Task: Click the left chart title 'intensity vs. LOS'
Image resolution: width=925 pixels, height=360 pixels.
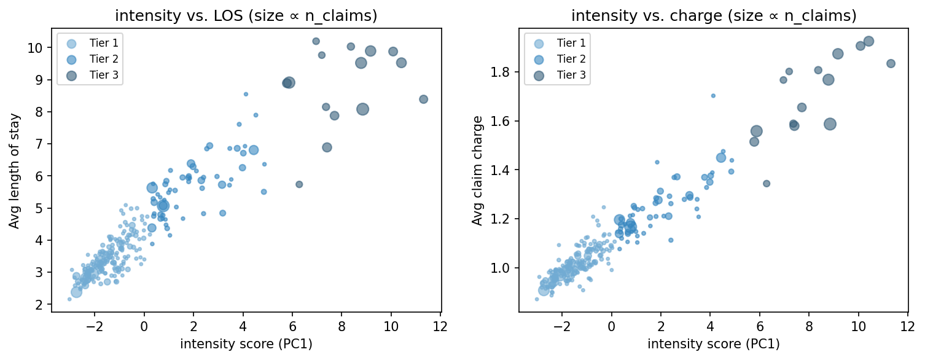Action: coord(246,16)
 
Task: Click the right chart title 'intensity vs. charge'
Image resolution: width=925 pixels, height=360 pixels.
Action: coord(713,16)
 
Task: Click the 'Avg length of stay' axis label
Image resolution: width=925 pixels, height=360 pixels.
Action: coord(14,171)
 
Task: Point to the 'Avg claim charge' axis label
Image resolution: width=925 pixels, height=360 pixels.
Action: coord(477,171)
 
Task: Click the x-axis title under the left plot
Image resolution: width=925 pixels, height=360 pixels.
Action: coord(246,344)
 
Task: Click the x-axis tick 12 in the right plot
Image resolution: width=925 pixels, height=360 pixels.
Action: coord(907,326)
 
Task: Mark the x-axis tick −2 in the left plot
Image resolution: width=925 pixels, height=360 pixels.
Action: coord(95,326)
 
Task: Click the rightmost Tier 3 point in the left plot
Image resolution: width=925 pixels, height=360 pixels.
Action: coord(423,99)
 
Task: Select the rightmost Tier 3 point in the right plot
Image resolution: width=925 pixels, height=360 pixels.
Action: coord(891,63)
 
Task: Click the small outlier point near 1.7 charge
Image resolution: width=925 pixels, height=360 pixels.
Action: coord(713,95)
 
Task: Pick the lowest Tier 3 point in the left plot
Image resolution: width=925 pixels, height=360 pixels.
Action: coord(299,184)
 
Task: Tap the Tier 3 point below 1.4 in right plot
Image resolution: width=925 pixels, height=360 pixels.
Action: coord(767,183)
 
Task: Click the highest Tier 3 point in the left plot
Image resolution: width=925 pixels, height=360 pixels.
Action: coord(316,41)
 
